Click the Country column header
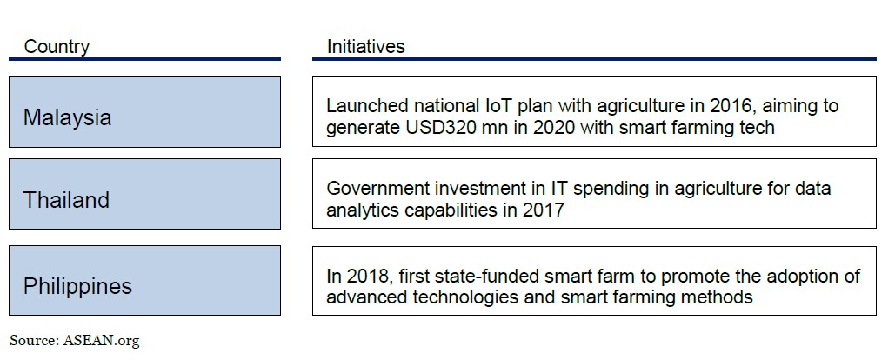[57, 46]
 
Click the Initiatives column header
[366, 46]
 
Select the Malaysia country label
[67, 117]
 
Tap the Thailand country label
[65, 200]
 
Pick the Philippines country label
[77, 286]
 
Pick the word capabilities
[452, 210]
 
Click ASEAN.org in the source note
[101, 341]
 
